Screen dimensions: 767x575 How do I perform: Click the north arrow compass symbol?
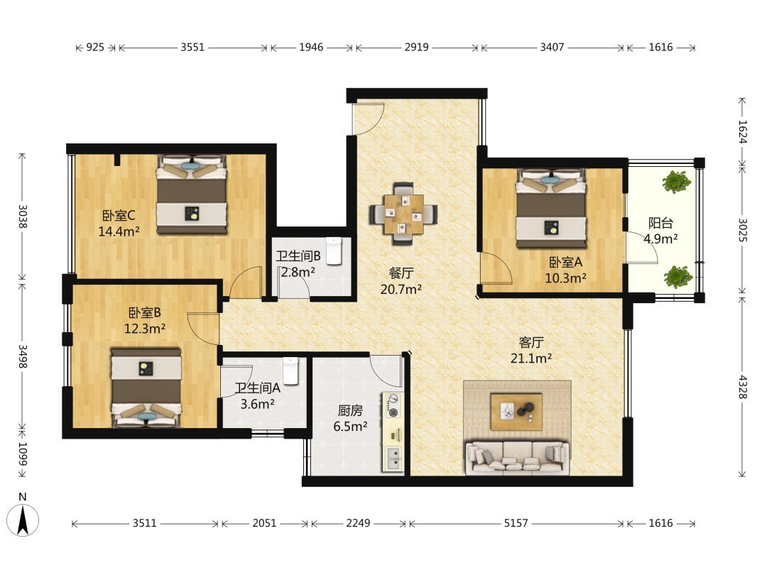23,520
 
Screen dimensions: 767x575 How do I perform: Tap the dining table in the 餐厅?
403,214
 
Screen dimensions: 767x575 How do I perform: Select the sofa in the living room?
517,458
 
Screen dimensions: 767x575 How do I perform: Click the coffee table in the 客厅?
516,411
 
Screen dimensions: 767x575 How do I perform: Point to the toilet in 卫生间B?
334,251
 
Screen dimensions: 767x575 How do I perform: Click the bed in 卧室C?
192,195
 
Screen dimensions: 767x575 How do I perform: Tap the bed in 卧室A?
552,209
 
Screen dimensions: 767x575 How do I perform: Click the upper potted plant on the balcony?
677,182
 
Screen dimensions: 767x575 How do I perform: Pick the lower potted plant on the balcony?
678,277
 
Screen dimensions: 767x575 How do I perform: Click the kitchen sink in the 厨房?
393,459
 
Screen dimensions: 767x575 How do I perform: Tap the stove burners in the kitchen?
393,405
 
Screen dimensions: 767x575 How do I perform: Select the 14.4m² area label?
119,231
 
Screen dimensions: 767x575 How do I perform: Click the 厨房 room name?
350,410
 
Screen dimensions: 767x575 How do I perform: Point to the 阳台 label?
660,223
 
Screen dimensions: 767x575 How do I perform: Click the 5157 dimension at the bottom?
516,523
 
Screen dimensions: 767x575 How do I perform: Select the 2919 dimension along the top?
416,47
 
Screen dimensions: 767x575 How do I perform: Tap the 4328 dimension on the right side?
743,387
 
